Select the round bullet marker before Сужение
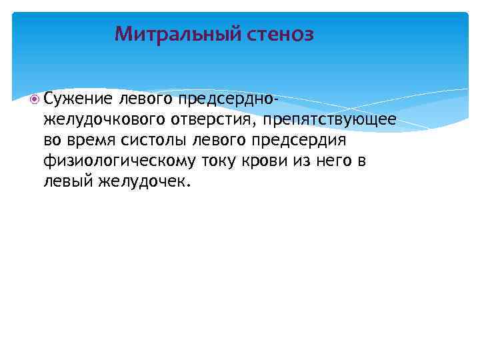pos(35,100)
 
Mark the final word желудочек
pos(145,181)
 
